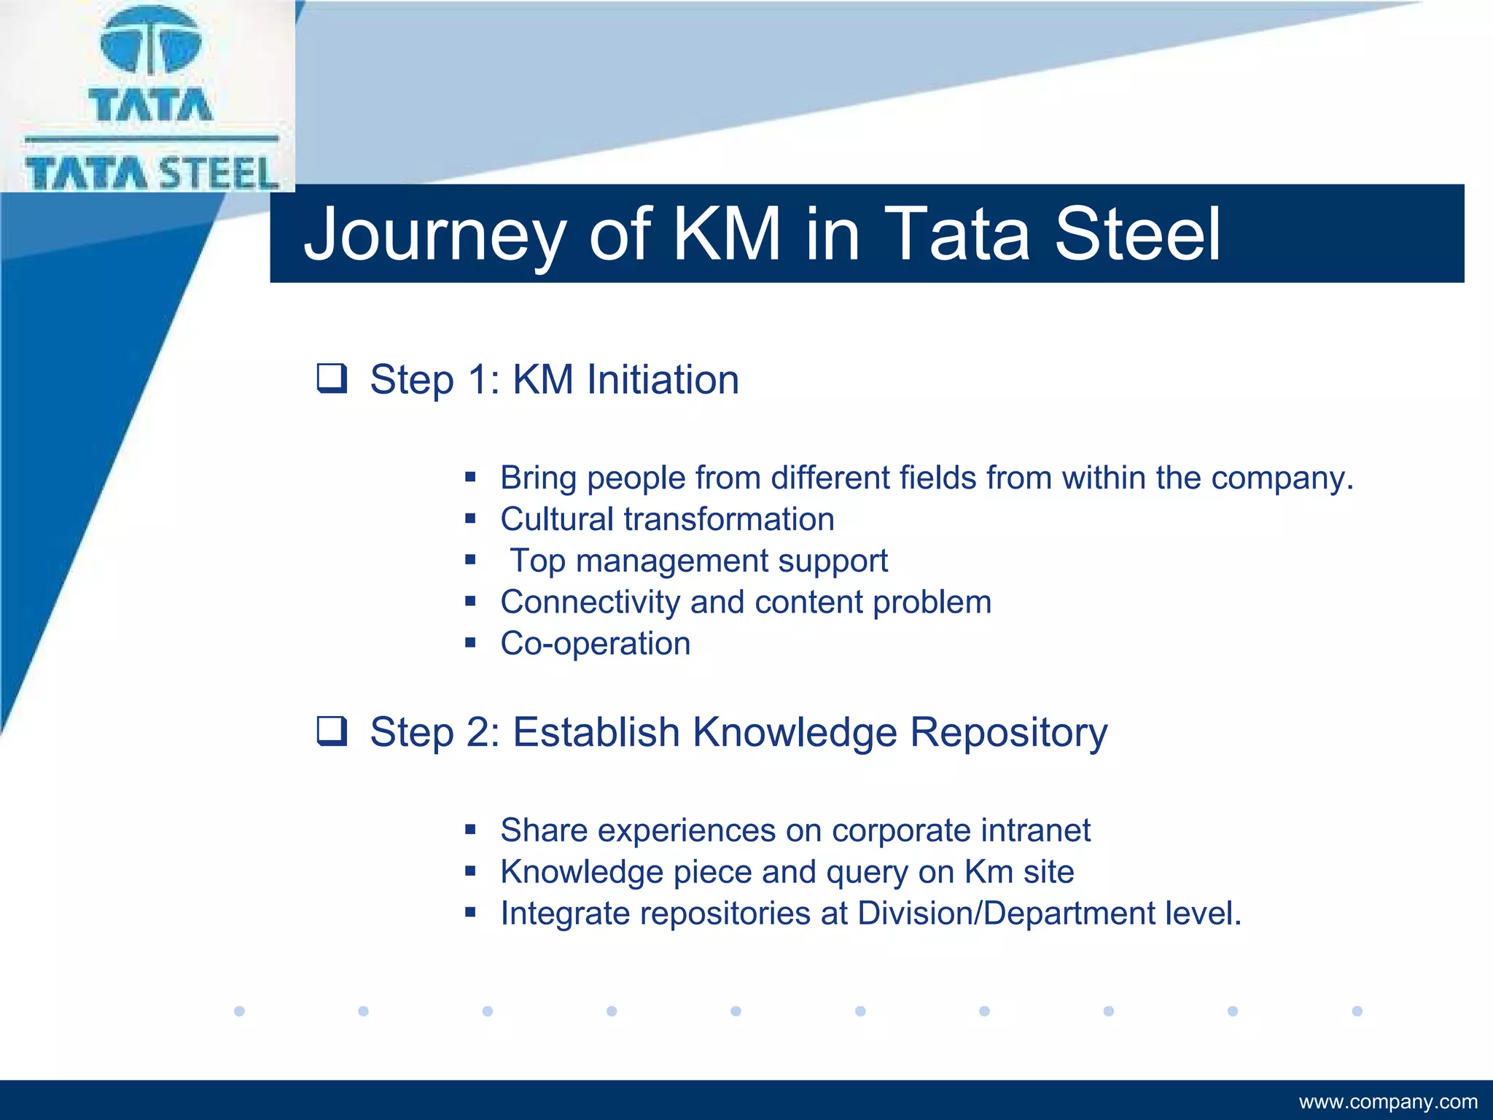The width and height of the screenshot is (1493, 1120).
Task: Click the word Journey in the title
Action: click(x=434, y=235)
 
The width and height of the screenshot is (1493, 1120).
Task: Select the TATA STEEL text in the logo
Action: click(x=152, y=174)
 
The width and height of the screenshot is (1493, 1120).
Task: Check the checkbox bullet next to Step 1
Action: click(x=332, y=378)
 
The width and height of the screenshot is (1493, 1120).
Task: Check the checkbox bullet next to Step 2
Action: click(x=332, y=731)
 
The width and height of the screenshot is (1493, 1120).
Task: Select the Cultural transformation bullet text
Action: click(x=667, y=519)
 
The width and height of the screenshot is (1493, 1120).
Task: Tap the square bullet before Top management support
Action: click(x=470, y=560)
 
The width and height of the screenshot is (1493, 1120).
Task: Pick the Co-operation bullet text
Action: click(x=595, y=644)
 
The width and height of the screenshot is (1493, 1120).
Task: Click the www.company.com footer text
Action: click(x=1388, y=1102)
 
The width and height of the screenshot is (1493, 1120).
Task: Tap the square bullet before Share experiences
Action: click(x=470, y=830)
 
